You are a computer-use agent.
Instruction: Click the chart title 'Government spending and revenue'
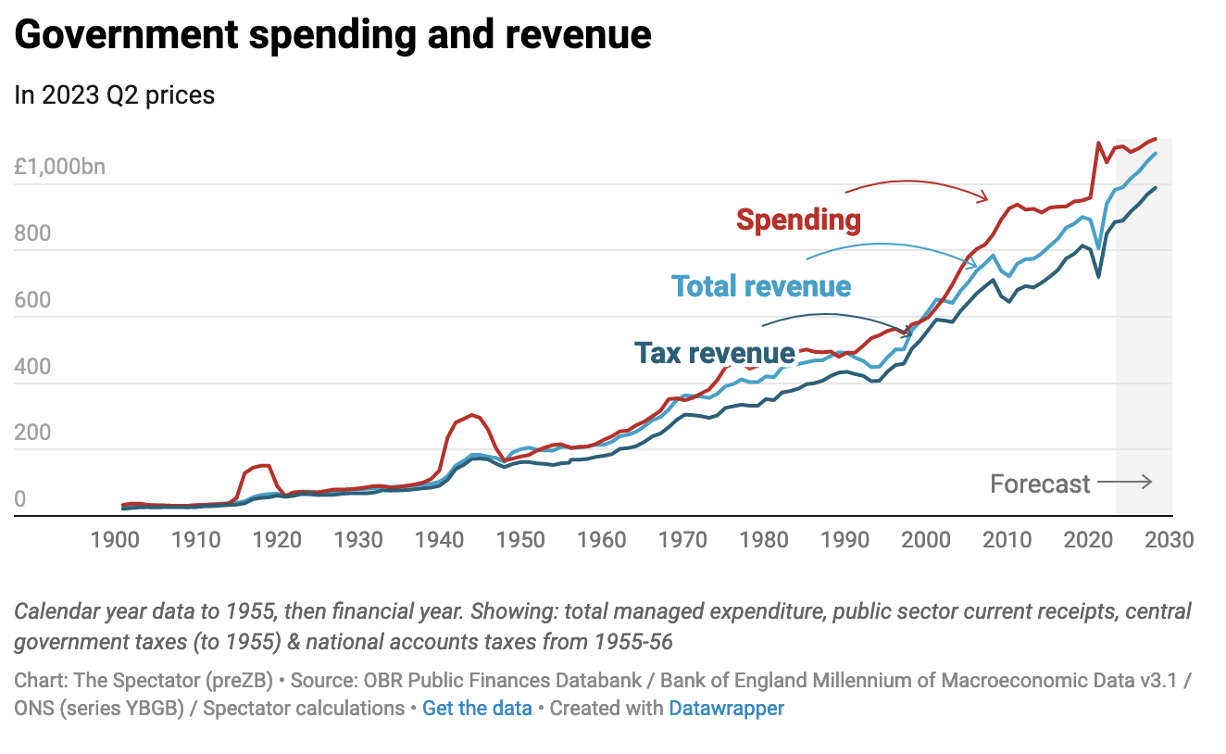coord(332,35)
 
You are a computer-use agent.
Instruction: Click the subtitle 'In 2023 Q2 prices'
coord(115,94)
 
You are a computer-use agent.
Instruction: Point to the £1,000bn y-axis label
coord(60,168)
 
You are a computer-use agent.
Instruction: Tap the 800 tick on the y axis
coord(32,234)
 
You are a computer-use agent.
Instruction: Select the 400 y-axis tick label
coord(32,368)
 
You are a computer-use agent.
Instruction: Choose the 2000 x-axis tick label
coord(926,539)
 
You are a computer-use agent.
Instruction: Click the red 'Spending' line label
coord(798,220)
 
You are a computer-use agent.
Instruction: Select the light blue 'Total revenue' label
coord(761,286)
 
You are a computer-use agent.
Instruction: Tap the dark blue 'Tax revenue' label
coord(714,353)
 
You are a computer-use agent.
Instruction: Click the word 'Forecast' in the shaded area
coord(1040,484)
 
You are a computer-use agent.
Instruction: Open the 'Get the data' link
coord(477,709)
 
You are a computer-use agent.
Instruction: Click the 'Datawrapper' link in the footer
coord(726,709)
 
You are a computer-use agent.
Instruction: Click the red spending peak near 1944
coord(472,415)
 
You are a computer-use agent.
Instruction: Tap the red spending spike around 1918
coord(263,465)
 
